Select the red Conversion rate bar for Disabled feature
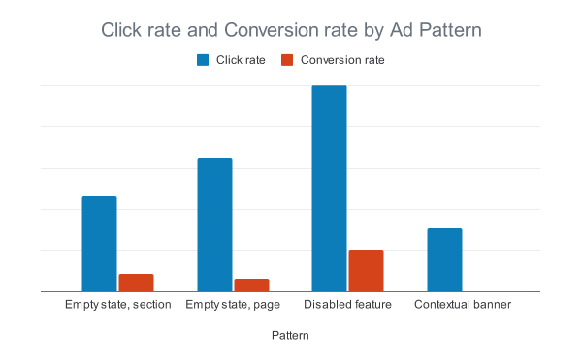[x=366, y=271]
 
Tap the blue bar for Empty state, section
[x=99, y=244]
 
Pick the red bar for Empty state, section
[x=136, y=282]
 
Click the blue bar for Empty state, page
[x=214, y=224]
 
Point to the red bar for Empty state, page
[x=251, y=285]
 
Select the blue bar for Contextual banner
[x=444, y=259]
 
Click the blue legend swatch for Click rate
[x=203, y=60]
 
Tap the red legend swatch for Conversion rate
[x=286, y=60]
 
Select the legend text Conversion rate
[x=342, y=60]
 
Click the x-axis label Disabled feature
[x=347, y=305]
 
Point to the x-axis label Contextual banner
[x=463, y=305]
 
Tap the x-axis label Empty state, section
[x=117, y=305]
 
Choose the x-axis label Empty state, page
[x=233, y=305]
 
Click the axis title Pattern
[x=290, y=335]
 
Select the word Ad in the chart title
[x=404, y=31]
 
